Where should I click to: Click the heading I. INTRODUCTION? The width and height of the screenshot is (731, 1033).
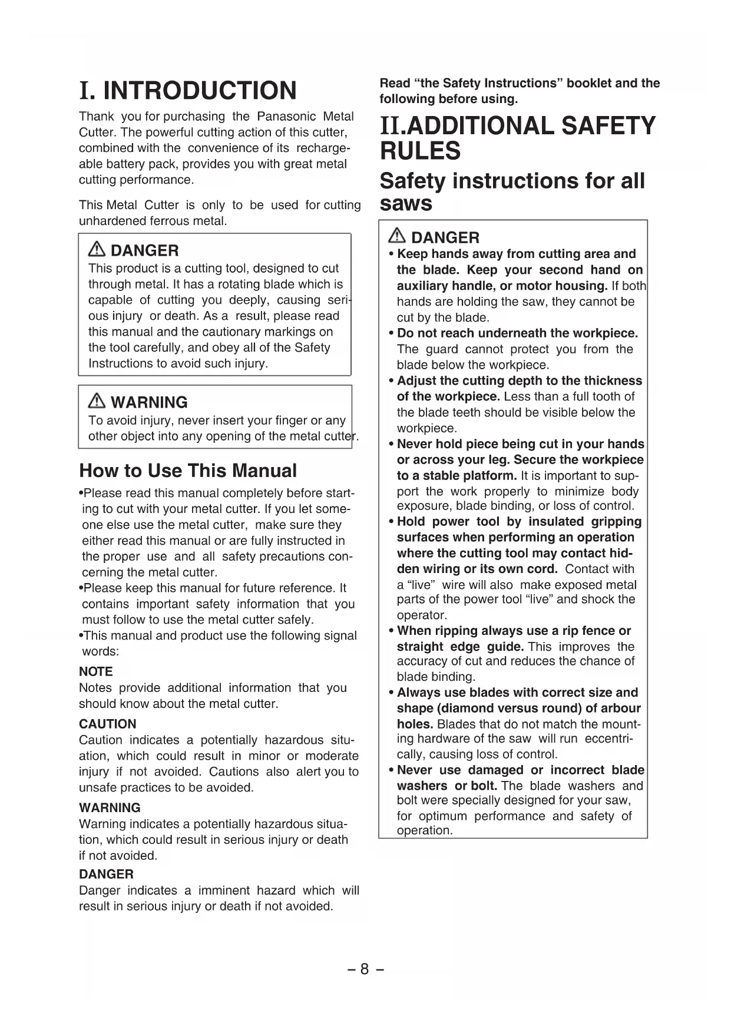pyautogui.click(x=188, y=91)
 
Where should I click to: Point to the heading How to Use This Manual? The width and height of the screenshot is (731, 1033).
pyautogui.click(x=188, y=471)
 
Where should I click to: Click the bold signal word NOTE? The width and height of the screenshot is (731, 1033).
pyautogui.click(x=95, y=671)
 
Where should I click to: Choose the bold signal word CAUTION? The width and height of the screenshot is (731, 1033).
pyautogui.click(x=107, y=724)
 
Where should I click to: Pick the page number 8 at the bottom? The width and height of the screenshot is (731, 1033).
pyautogui.click(x=365, y=969)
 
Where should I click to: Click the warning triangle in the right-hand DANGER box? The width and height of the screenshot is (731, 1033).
pyautogui.click(x=397, y=237)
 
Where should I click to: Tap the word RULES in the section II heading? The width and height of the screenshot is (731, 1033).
pyautogui.click(x=420, y=151)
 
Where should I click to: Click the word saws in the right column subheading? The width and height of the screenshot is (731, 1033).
pyautogui.click(x=406, y=204)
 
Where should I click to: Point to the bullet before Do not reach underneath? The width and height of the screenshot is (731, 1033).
pyautogui.click(x=391, y=334)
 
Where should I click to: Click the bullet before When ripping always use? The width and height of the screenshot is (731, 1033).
pyautogui.click(x=391, y=631)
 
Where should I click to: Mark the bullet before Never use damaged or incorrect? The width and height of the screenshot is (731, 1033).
pyautogui.click(x=391, y=770)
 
